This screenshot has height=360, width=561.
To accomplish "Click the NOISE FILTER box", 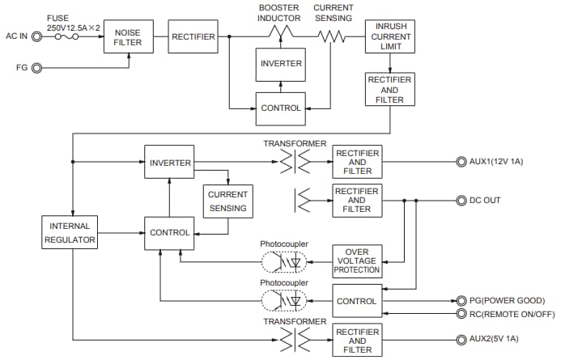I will click(x=128, y=36).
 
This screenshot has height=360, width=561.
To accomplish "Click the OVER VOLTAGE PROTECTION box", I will click(x=357, y=260).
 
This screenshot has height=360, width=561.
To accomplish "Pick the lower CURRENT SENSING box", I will click(x=227, y=201).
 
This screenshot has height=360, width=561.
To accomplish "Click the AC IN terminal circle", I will click(x=36, y=36).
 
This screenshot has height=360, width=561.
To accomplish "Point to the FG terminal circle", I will click(x=36, y=68).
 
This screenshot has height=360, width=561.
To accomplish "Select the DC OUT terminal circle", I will click(x=462, y=199).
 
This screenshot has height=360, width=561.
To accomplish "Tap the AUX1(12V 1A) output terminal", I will click(x=462, y=162).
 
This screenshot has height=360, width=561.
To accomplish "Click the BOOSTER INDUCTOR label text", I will click(x=279, y=13).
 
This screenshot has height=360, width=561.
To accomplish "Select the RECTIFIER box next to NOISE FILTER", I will click(x=193, y=36).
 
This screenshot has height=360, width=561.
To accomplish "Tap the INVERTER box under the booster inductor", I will click(x=279, y=63).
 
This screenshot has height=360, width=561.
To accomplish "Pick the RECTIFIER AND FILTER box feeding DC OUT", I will click(x=357, y=199).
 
